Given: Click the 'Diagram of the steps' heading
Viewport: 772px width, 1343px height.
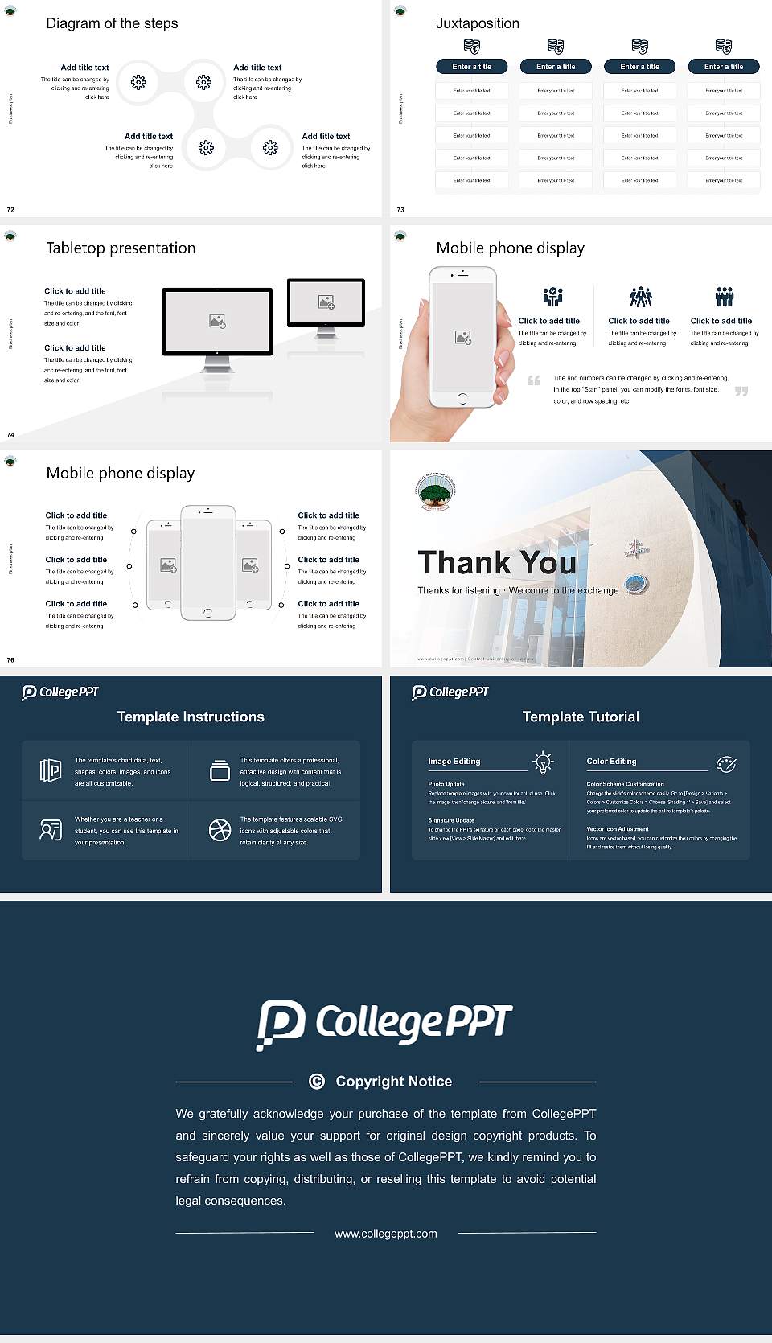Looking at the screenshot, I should point(112,23).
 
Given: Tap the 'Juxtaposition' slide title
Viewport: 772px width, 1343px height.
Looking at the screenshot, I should point(477,23).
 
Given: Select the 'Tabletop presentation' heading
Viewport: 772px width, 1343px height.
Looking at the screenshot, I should point(121,248).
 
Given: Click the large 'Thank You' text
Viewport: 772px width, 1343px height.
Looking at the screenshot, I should point(497,562).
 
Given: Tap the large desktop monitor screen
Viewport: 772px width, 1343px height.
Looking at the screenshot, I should point(217,321).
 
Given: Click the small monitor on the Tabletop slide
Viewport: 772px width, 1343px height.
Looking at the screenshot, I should point(326,302).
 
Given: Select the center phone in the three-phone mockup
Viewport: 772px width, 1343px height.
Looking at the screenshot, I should point(207,563).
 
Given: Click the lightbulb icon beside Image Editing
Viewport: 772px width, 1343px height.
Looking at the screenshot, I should point(543,762).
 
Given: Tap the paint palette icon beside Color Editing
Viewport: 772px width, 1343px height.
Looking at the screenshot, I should point(725,763).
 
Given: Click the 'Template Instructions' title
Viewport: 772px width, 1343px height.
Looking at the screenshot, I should point(191,717).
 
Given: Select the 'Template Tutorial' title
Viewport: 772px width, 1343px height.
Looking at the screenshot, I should point(581,717).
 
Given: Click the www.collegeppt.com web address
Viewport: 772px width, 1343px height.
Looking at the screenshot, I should point(386,1233).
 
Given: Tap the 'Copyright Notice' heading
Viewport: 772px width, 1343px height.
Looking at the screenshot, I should point(393,1082).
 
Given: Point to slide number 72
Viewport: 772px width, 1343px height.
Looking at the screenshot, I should point(10,209).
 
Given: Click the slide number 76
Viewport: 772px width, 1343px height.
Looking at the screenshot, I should point(10,659).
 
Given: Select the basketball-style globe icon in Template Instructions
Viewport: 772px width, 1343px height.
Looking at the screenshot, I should point(220,830).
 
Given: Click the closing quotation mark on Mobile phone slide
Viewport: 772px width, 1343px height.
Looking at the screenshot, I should point(741,391).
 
